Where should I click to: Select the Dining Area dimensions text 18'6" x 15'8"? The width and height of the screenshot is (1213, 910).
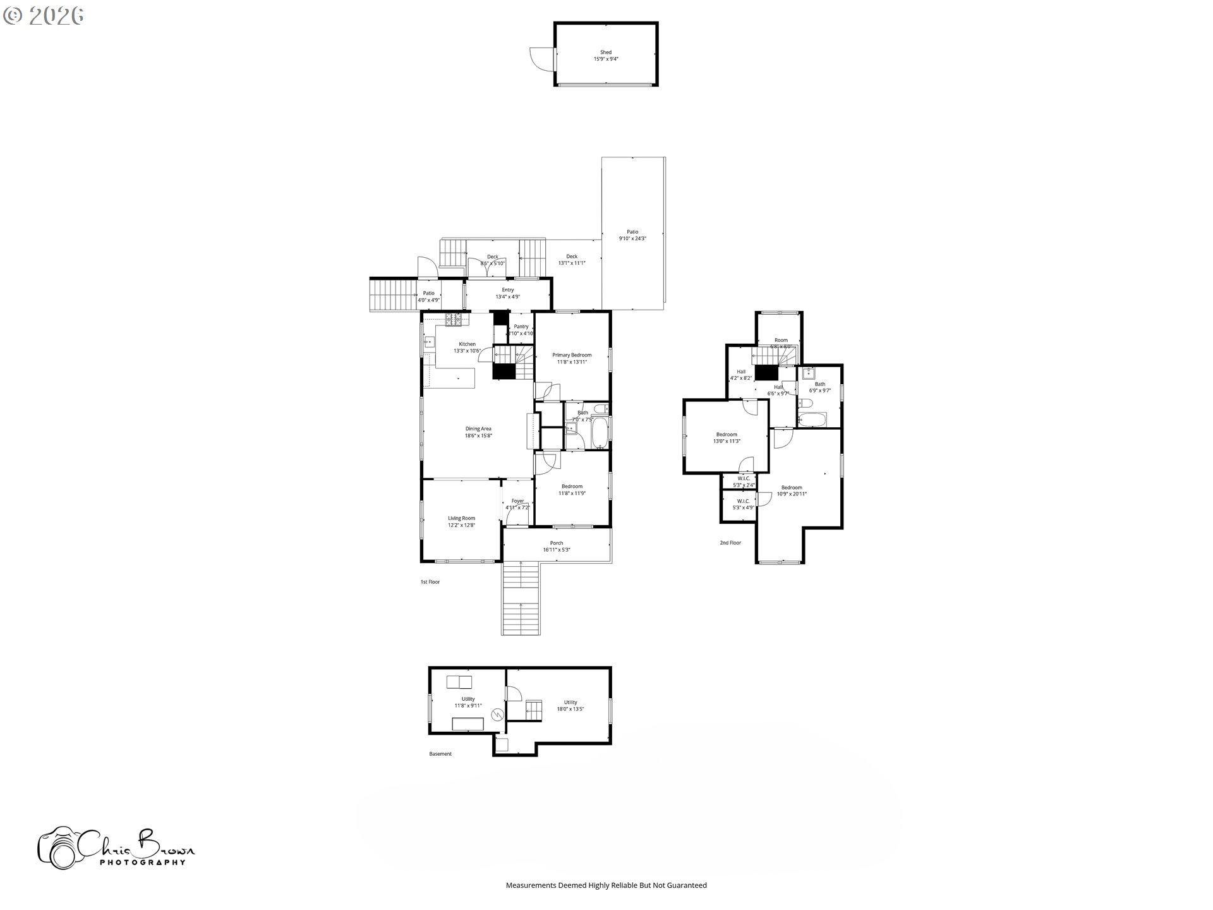478,436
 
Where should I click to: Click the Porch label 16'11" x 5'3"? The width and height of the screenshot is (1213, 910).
556,547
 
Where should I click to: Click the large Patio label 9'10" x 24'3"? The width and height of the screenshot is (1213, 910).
632,235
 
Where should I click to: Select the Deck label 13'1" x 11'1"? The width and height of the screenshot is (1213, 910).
571,260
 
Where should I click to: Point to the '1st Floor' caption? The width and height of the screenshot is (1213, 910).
430,582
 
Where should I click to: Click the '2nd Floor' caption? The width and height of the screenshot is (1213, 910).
730,543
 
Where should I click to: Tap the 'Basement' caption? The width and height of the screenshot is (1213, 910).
440,754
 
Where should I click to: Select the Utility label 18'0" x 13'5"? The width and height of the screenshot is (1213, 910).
570,706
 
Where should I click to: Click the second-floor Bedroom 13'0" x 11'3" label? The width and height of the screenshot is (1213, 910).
727,438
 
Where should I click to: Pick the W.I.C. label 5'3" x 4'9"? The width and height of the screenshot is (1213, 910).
743,504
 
